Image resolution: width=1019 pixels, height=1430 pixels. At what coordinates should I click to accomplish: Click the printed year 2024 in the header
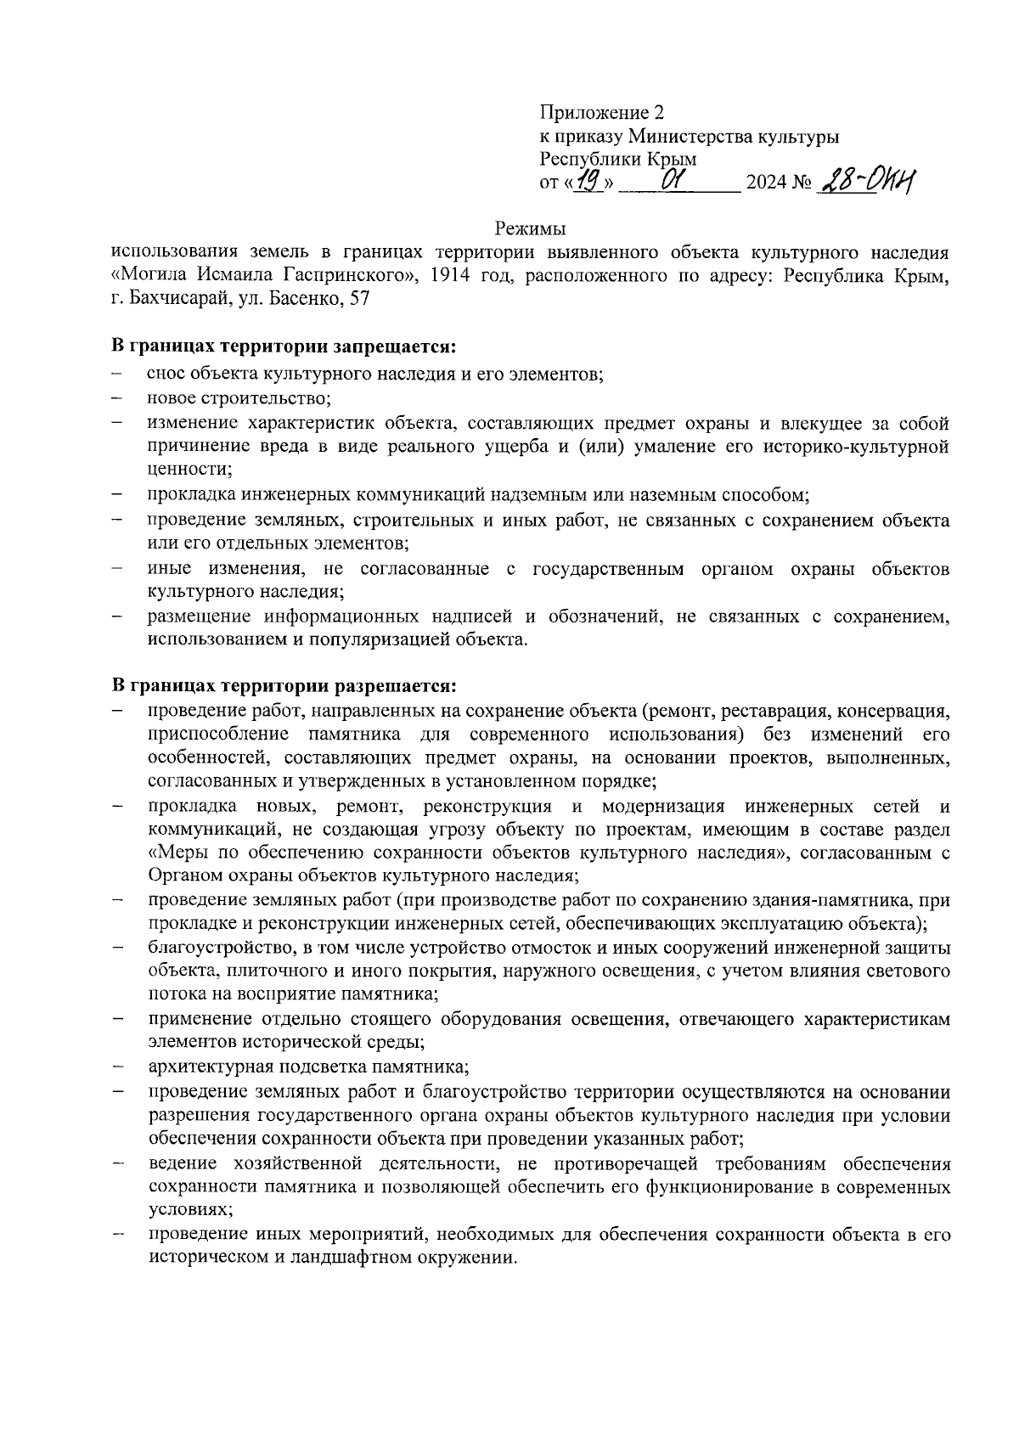[x=764, y=183]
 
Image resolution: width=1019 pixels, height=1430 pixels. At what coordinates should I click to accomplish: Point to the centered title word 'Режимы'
[x=530, y=228]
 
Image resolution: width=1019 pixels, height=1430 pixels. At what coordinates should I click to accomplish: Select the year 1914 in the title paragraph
[x=451, y=276]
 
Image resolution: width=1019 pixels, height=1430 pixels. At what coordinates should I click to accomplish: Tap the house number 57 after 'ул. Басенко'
[x=359, y=299]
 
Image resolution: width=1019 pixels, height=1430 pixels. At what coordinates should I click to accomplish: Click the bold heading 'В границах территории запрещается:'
[x=284, y=346]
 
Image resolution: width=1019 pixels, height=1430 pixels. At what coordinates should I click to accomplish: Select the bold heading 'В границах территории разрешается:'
[x=285, y=684]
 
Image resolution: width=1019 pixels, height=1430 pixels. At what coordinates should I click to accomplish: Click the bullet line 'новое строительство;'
[x=239, y=397]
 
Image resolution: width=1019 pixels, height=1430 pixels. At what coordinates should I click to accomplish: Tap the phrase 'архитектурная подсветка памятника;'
[x=308, y=1066]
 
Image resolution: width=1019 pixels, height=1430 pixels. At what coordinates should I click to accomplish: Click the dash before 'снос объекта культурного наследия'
[x=115, y=374]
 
